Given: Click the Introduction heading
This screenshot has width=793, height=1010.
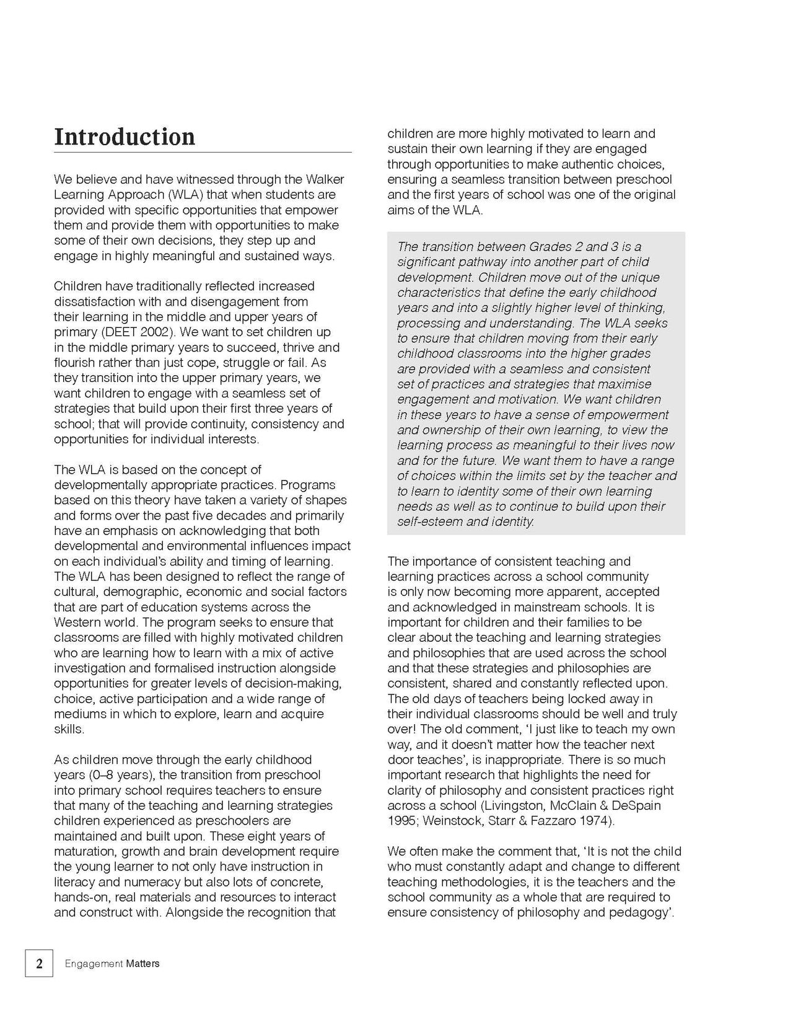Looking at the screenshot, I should point(125,137).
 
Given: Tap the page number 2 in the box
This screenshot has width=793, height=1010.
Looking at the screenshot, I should point(39,963).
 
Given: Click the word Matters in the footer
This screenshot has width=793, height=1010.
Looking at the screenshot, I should point(142,963).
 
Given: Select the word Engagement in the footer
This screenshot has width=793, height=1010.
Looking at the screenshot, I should point(94,963).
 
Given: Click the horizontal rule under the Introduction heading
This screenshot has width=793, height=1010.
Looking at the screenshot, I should point(203,152).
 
